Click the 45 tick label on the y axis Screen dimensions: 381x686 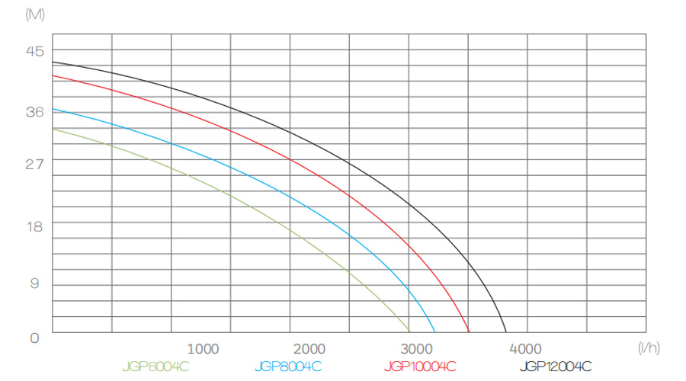tap(36, 52)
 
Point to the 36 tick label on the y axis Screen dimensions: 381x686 tap(36, 111)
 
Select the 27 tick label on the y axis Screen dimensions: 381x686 tap(36, 164)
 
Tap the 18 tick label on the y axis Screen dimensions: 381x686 tap(36, 226)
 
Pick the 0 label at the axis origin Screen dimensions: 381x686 tap(34, 338)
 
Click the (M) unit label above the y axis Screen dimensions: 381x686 tap(35, 14)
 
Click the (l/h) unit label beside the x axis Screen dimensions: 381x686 tap(649, 347)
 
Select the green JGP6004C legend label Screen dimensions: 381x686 tap(155, 367)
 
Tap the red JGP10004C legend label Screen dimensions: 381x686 tap(421, 367)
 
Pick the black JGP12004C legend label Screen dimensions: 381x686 tap(556, 367)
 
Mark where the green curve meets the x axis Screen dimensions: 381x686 tap(410, 333)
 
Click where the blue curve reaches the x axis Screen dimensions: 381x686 tap(435, 333)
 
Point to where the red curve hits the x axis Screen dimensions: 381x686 tap(469, 333)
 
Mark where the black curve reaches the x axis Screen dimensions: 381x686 tap(506, 333)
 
